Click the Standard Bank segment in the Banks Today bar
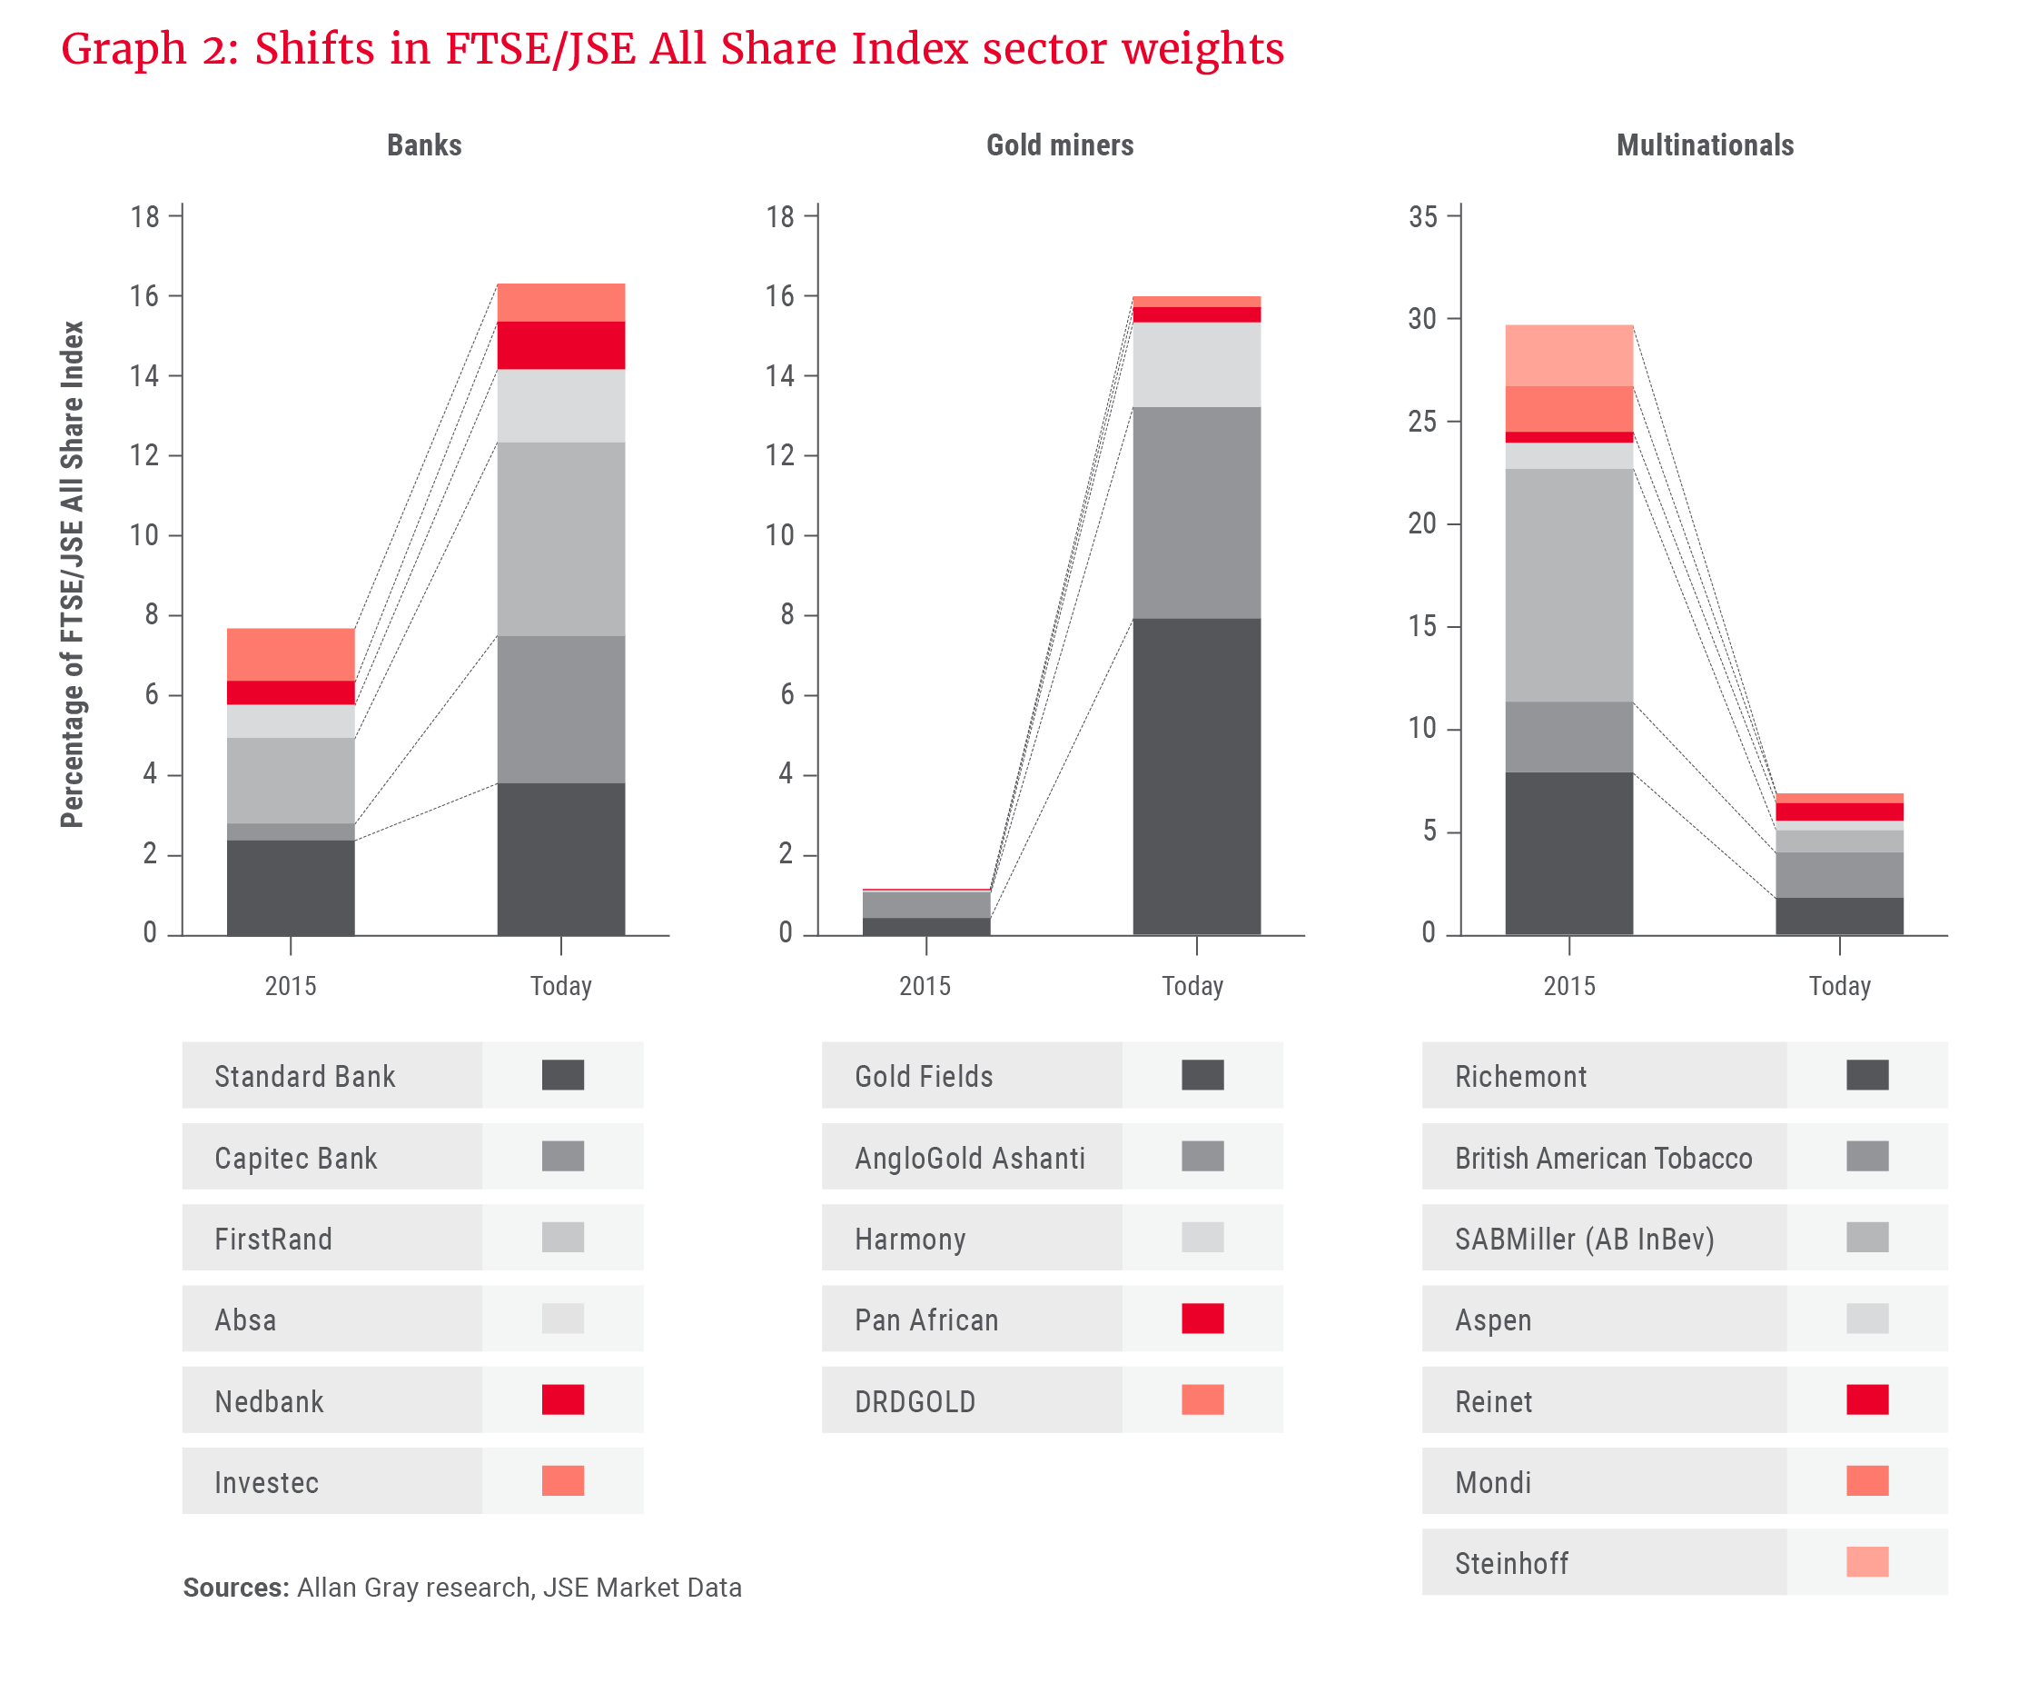click(x=560, y=858)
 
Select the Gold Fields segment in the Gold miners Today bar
click(x=1195, y=776)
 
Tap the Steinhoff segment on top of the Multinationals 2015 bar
click(x=1568, y=354)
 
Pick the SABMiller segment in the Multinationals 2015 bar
click(x=1568, y=584)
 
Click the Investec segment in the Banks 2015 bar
click(x=291, y=654)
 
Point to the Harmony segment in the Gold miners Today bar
click(x=1195, y=364)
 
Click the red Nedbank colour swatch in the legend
click(x=562, y=1399)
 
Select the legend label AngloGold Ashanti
click(x=970, y=1158)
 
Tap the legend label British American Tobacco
click(x=1603, y=1158)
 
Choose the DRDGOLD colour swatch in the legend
click(x=1202, y=1399)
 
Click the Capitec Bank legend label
click(x=295, y=1158)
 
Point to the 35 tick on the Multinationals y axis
click(x=1422, y=216)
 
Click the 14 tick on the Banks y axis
click(x=145, y=376)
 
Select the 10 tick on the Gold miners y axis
click(x=779, y=535)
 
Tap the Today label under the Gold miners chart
click(x=1192, y=985)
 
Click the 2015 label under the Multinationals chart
click(x=1568, y=985)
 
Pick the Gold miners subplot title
click(x=1059, y=144)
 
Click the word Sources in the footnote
click(x=235, y=1588)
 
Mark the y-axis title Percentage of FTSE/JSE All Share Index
click(x=73, y=574)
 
